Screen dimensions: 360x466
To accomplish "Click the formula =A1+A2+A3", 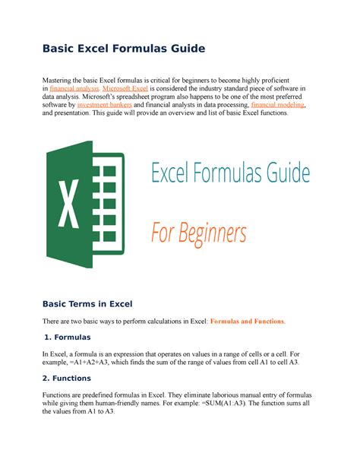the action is (x=97, y=363).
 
